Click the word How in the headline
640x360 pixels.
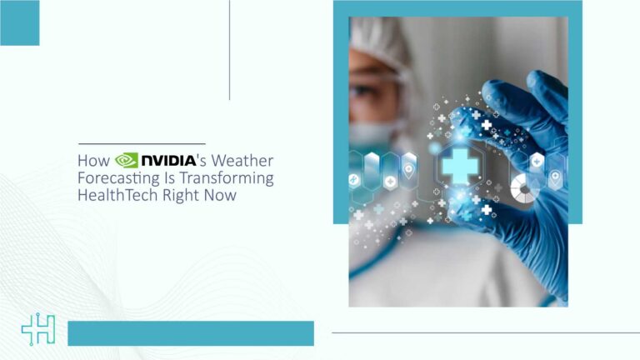click(92, 160)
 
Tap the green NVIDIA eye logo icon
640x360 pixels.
click(126, 160)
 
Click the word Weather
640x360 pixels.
click(244, 160)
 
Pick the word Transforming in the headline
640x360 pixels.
click(232, 178)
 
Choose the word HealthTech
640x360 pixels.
click(114, 197)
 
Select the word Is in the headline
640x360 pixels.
click(176, 178)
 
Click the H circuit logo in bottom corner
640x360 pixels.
click(37, 331)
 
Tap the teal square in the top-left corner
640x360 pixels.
click(19, 22)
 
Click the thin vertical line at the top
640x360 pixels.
click(229, 50)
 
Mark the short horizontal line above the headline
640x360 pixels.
click(141, 144)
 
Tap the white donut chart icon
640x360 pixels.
click(524, 189)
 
